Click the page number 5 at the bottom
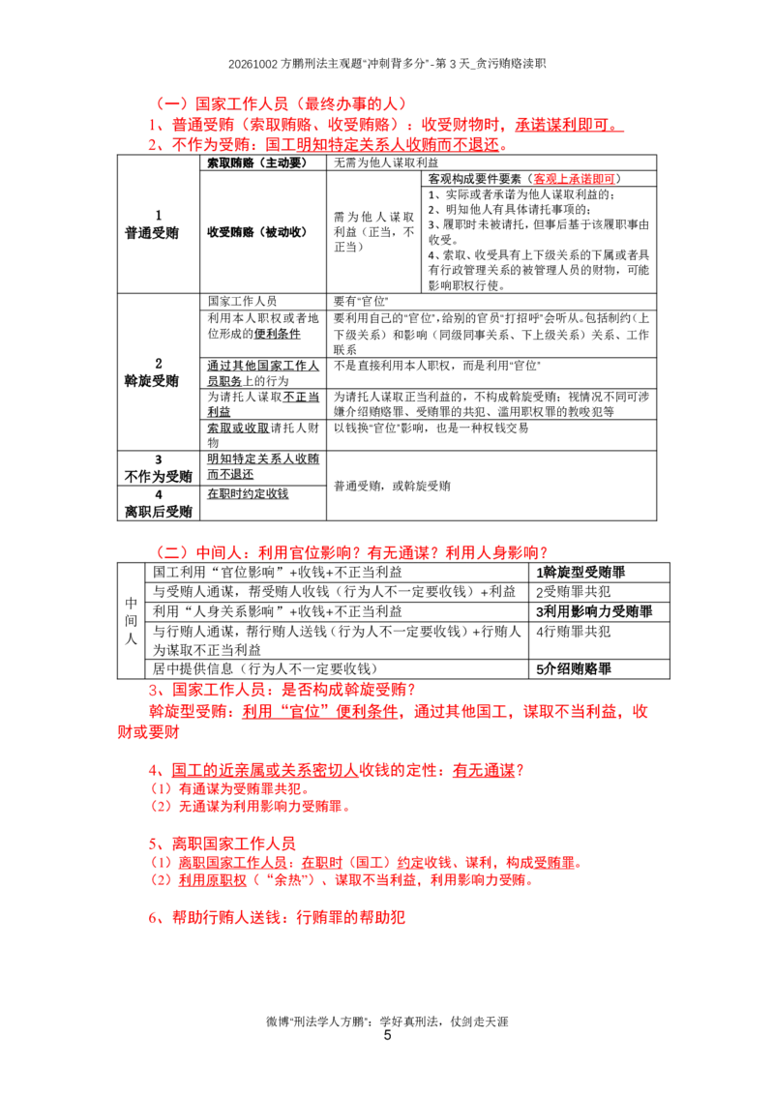[x=387, y=1035]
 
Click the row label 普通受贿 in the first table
[x=152, y=232]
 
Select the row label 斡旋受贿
[x=152, y=380]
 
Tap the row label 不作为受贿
[x=158, y=476]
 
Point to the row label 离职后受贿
[x=158, y=511]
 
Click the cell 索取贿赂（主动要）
[x=257, y=163]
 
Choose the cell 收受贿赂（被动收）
[x=257, y=232]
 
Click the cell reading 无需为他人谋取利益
[x=386, y=163]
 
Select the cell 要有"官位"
[x=361, y=301]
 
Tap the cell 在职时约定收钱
[x=248, y=493]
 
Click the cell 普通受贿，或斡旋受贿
[x=392, y=486]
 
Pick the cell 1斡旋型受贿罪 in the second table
[x=580, y=572]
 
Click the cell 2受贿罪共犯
[x=573, y=591]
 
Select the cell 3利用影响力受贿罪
[x=594, y=611]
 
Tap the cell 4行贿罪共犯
[x=573, y=632]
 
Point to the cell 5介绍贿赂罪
[x=574, y=668]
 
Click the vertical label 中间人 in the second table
[x=131, y=620]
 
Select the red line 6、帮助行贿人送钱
[x=277, y=917]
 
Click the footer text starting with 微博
[x=387, y=1021]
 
